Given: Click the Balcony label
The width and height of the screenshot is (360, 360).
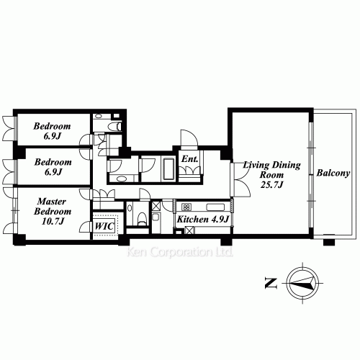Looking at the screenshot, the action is coord(333,173).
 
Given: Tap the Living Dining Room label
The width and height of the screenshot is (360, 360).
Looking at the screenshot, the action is coord(271,170).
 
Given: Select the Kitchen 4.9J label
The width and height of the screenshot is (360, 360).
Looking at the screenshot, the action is coord(203,219).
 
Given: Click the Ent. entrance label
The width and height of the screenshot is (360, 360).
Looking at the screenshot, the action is coord(189,158).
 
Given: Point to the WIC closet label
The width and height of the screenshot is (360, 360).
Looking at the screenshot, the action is coord(104,226).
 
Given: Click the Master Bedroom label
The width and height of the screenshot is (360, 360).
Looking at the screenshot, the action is coord(53,207).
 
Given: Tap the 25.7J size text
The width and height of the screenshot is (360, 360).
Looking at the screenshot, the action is coord(272,185).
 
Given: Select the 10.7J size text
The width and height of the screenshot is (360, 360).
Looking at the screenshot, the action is coord(53,221).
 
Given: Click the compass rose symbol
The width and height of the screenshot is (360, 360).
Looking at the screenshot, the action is coord(302,283).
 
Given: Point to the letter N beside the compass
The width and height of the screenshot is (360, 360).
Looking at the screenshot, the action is coord(271,283).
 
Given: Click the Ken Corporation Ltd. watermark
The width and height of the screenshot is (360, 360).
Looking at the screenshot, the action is coord(180,252).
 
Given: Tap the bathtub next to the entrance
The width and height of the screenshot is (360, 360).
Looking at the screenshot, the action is coord(168,168).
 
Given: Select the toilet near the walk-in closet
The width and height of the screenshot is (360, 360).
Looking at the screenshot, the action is coord(142,219).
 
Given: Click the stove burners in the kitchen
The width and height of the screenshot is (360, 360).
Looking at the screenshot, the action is coord(186,207).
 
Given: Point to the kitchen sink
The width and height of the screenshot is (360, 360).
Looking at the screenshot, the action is coord(215,207).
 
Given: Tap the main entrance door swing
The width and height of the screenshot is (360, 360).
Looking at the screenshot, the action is coord(189,140).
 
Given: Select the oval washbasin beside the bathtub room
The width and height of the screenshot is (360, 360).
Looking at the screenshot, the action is coord(122,179).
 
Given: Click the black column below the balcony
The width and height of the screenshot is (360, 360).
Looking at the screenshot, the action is coord(329,242).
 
